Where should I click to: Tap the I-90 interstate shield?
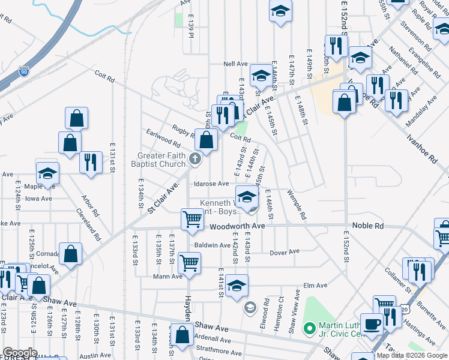point(25,72)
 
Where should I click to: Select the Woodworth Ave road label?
point(237,226)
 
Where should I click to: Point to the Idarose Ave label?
point(211,184)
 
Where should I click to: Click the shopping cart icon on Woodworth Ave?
point(193,219)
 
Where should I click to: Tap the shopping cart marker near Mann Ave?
point(190,262)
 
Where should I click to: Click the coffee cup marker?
point(372,324)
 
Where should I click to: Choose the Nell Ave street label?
point(235,64)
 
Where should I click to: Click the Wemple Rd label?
point(297,206)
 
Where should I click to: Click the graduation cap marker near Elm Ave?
point(237,285)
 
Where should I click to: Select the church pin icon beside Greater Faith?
point(194,159)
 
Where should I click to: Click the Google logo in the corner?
point(20,353)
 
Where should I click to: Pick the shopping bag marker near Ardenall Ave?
point(181,334)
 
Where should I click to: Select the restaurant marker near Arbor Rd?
point(91,162)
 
